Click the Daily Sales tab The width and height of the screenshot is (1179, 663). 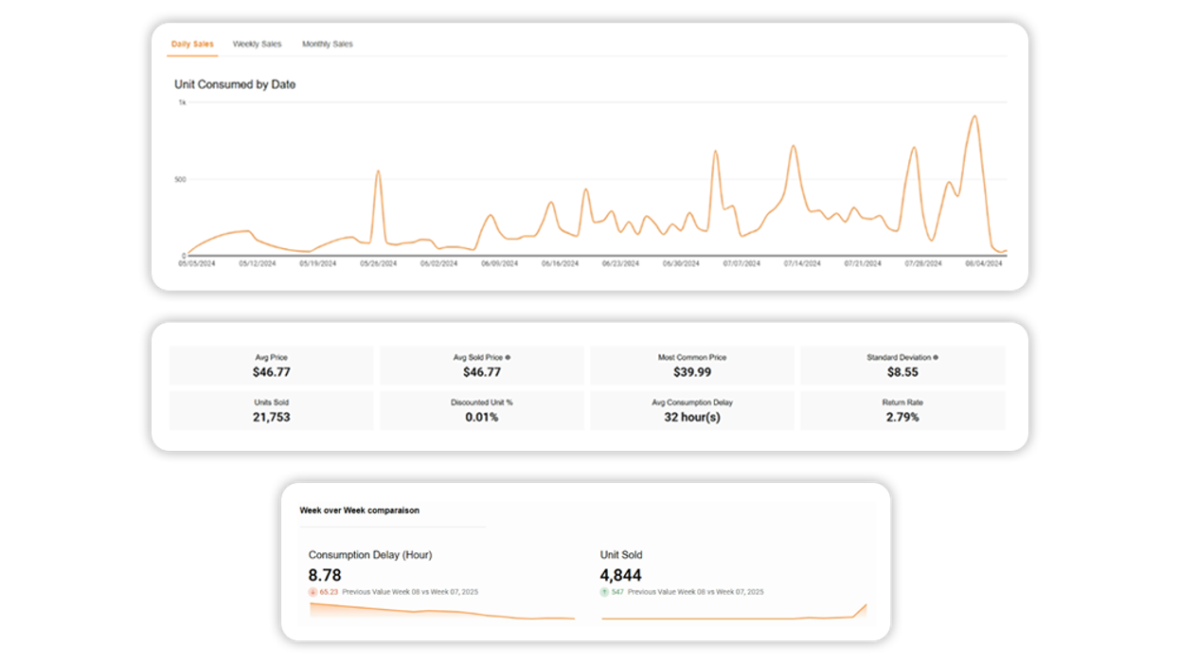pos(192,45)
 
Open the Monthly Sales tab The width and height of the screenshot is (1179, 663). pos(327,45)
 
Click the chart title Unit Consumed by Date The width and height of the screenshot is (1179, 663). pos(235,84)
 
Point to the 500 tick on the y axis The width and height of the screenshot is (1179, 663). pos(179,179)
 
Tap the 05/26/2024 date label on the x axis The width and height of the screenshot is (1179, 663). pos(378,263)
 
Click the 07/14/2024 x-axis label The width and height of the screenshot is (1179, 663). pos(801,263)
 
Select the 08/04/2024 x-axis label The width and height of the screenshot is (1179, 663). pos(983,263)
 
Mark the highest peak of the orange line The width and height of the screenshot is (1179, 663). pos(974,116)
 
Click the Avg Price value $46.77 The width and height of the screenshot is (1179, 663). pos(272,372)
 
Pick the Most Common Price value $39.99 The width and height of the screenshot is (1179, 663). pos(692,372)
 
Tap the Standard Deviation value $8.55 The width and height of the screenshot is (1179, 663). pos(902,372)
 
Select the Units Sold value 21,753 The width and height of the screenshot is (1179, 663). pos(272,417)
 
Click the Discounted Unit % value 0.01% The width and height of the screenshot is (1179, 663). pos(482,417)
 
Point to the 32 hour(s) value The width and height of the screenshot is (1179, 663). pos(692,417)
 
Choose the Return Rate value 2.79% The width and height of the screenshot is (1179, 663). pos(902,417)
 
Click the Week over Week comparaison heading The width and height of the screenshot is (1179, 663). pos(359,511)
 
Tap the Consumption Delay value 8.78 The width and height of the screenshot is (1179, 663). pos(325,575)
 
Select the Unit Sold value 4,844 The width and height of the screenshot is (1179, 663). pos(621,575)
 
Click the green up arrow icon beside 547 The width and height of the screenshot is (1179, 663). pos(604,592)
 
